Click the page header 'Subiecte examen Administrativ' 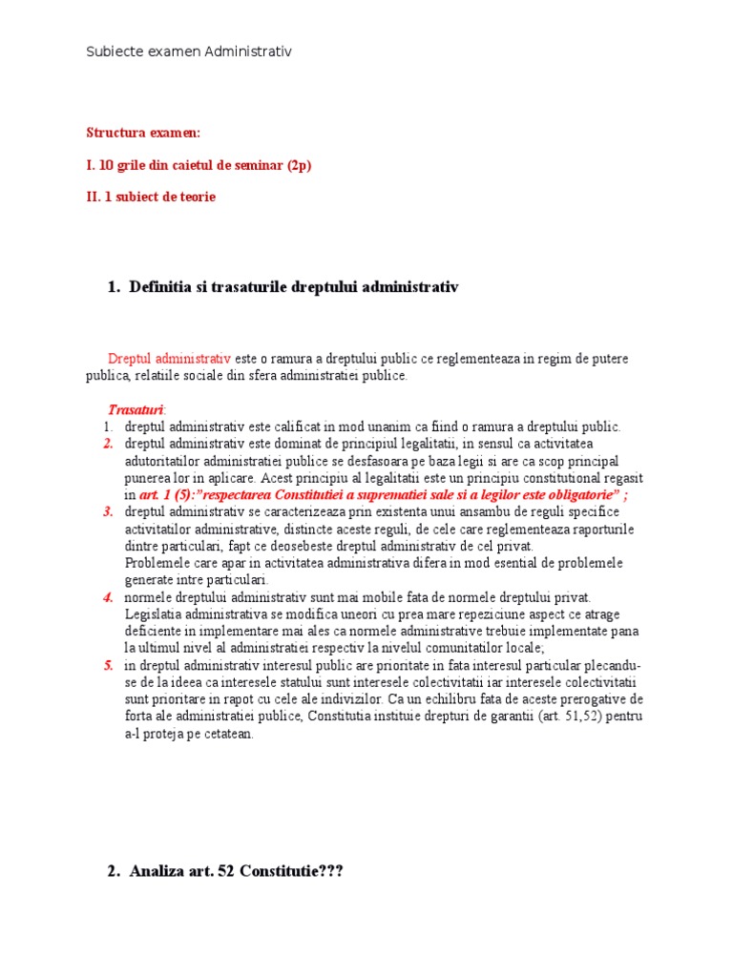[x=189, y=52]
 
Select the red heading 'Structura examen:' [x=143, y=133]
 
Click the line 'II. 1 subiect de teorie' [x=151, y=197]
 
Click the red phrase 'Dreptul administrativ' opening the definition [x=169, y=358]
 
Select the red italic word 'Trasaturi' [x=136, y=409]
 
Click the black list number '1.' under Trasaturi [x=109, y=426]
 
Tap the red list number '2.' [x=109, y=444]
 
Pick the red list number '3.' [x=109, y=512]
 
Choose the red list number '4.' [x=109, y=597]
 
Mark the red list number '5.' [x=109, y=665]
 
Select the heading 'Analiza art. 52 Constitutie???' [x=235, y=871]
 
